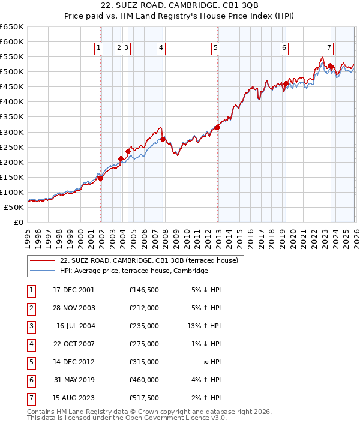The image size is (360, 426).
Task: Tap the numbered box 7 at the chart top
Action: point(329,49)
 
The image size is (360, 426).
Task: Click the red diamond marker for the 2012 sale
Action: point(217,127)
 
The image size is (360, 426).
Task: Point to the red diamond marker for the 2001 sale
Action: point(101,178)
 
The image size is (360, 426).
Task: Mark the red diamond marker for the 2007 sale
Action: point(163,139)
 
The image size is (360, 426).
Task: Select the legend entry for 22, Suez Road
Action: point(149,260)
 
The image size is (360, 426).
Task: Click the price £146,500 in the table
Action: point(143,290)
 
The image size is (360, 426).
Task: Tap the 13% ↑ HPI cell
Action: point(205,326)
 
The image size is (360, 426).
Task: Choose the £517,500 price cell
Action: point(143,398)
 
